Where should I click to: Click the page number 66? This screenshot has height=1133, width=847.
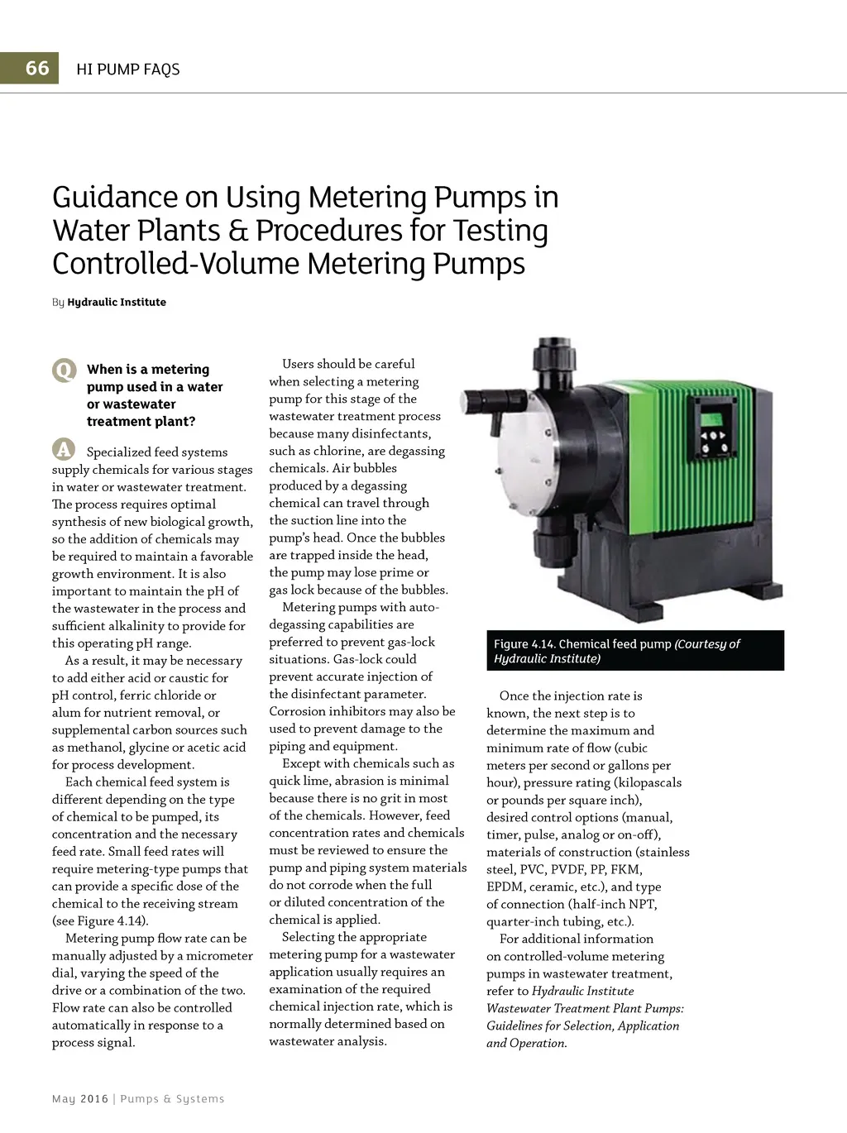[x=37, y=68]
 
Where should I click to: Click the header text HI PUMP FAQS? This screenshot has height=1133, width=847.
[x=127, y=69]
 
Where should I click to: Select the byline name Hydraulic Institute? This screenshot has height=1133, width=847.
[x=117, y=302]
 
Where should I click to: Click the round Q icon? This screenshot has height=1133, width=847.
[x=64, y=370]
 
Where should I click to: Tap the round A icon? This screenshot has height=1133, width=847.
[x=64, y=449]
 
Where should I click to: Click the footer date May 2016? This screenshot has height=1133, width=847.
[x=80, y=1098]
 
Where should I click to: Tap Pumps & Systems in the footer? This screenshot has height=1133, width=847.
[x=172, y=1098]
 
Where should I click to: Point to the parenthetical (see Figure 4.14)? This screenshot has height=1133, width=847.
[x=100, y=920]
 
